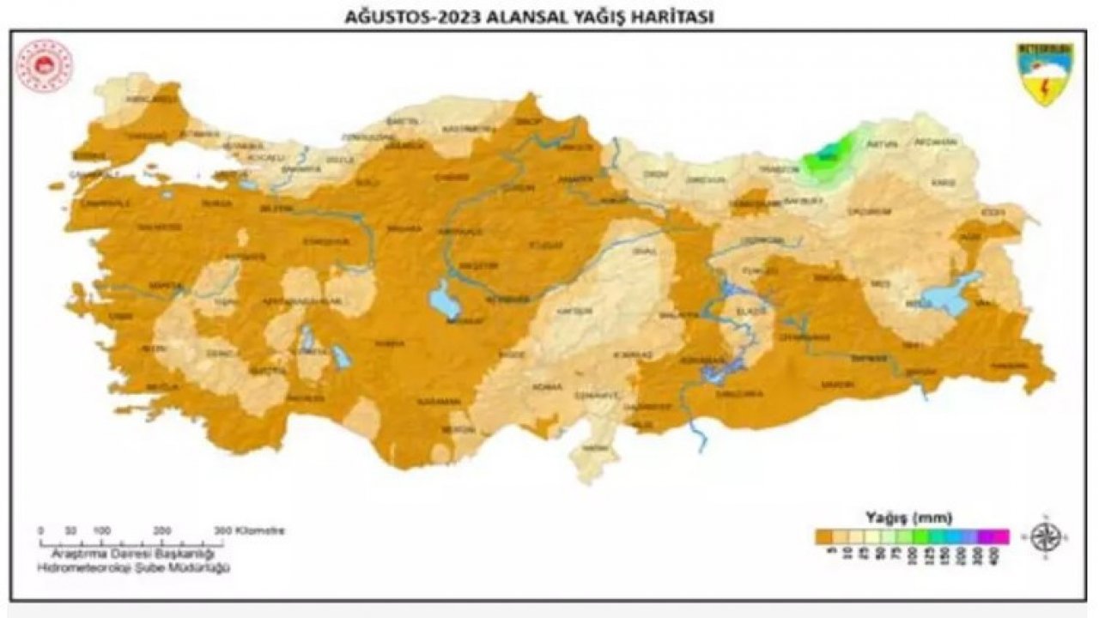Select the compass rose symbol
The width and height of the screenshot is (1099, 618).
pos(1047,536)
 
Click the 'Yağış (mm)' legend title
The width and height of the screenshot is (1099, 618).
pos(912,518)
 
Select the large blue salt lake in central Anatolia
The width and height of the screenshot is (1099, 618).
pos(445,300)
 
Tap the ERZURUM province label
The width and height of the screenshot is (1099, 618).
pos(864,210)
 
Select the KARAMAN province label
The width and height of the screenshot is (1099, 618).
pos(434,401)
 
